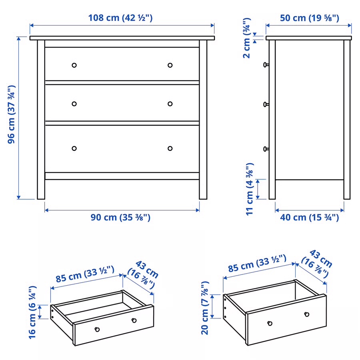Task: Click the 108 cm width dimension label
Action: tap(120, 18)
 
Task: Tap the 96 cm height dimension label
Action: tap(12, 114)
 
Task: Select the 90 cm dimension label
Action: tap(120, 218)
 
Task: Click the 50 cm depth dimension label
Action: tap(308, 18)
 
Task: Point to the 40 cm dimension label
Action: tap(309, 218)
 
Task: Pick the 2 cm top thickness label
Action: tap(247, 38)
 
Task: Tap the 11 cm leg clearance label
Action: tap(250, 189)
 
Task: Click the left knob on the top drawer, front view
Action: tap(74, 65)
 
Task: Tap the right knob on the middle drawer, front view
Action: tap(170, 104)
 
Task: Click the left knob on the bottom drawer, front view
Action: tap(74, 148)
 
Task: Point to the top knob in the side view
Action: tap(265, 64)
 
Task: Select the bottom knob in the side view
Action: tap(265, 149)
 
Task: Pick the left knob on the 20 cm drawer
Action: tap(270, 323)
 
